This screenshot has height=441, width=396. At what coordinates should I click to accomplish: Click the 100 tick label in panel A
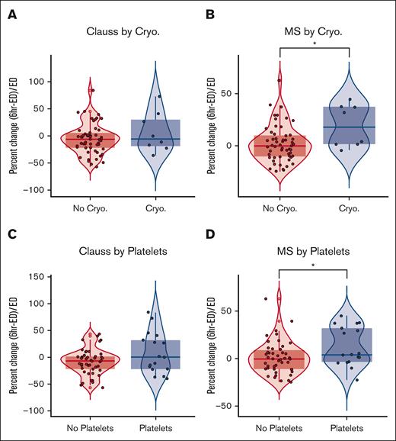point(35,82)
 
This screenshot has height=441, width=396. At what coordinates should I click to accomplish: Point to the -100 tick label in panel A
point(33,190)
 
